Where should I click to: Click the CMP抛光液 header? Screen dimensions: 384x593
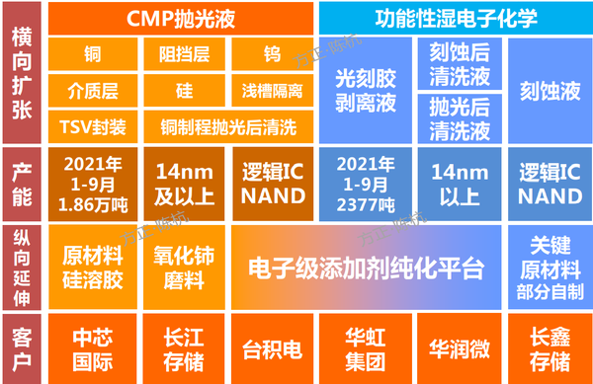[181, 17]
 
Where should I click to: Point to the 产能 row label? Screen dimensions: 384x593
[20, 184]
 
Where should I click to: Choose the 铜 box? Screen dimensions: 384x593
[92, 55]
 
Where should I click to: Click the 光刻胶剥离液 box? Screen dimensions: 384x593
[366, 92]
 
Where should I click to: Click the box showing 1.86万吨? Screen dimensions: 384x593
[92, 184]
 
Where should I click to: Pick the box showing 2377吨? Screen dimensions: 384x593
[366, 184]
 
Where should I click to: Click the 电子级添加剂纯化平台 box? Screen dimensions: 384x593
[368, 267]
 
